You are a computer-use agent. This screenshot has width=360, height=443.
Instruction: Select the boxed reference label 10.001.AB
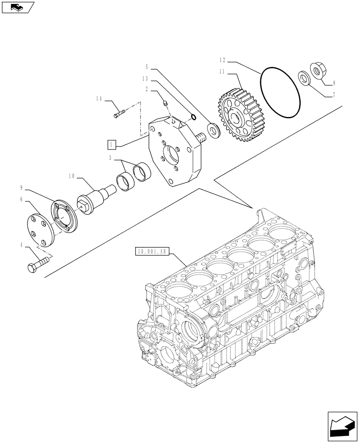(x=151, y=252)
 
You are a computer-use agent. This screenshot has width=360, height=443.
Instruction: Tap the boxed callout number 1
(x=112, y=144)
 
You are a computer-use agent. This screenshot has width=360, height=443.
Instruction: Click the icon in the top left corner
(x=17, y=7)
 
